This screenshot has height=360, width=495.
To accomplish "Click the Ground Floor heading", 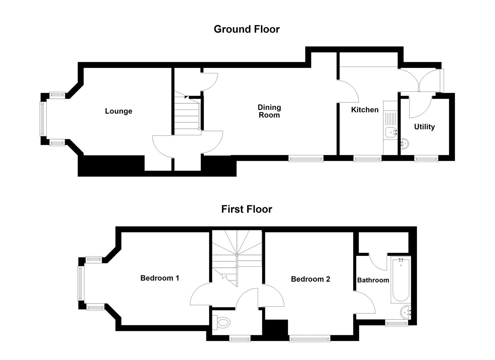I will click(246, 29).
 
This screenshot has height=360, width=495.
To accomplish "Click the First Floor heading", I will click(246, 209).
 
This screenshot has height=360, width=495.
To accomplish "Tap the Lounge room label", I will click(118, 111).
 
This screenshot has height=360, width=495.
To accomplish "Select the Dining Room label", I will click(269, 111).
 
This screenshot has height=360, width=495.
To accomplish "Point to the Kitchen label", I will click(365, 110).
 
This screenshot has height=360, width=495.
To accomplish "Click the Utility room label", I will click(424, 127).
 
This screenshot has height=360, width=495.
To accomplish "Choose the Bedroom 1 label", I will click(160, 278).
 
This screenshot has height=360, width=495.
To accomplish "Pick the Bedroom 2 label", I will click(310, 279).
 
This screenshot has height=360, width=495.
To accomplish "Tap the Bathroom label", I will click(373, 280).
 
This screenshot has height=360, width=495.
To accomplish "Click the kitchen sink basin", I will click(390, 132).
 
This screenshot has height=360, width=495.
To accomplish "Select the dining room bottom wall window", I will click(306, 159).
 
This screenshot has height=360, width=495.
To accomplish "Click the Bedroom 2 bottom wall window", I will click(310, 339).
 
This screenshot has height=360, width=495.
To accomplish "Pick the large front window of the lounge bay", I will click(42, 119).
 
